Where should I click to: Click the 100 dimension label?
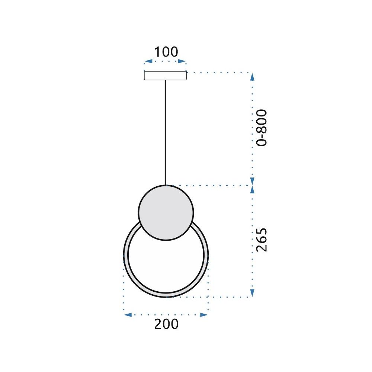coord(166,52)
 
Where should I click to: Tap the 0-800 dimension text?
coord(262,128)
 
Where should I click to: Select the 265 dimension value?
coord(262,239)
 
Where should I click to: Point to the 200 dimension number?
coord(166,324)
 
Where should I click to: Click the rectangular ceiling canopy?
coord(165,76)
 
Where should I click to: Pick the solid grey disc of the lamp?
coord(166,212)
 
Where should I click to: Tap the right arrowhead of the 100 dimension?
coord(182,61)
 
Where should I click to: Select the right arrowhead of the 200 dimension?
coord(204,315)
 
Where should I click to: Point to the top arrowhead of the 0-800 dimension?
coord(252,77)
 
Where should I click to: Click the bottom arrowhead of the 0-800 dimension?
coord(252,181)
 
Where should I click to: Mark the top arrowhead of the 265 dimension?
coord(252,189)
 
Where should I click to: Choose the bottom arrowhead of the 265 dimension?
coord(252,293)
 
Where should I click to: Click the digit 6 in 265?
coord(262,239)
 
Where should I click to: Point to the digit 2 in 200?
coord(158,324)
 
